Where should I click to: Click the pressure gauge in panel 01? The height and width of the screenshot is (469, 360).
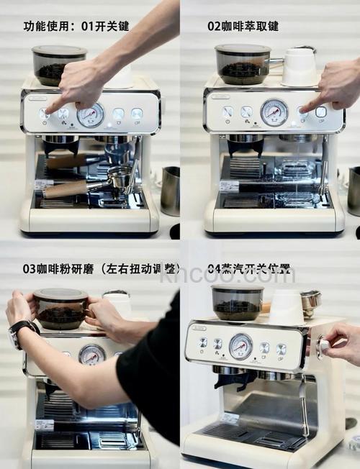click(90, 114)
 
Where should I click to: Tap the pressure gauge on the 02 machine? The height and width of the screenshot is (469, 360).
click(274, 112)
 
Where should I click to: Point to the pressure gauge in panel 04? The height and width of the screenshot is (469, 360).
click(240, 346)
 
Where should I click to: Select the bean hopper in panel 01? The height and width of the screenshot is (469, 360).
click(58, 65)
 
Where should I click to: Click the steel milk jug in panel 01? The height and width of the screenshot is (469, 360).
click(169, 191)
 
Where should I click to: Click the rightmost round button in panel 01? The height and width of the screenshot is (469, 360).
click(136, 114)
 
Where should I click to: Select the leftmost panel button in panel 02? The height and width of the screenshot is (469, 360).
click(228, 112)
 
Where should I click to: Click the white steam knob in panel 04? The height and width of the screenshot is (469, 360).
click(324, 345)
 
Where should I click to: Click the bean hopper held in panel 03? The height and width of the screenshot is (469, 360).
click(60, 309)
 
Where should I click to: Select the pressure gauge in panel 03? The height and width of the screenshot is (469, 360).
click(91, 354)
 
